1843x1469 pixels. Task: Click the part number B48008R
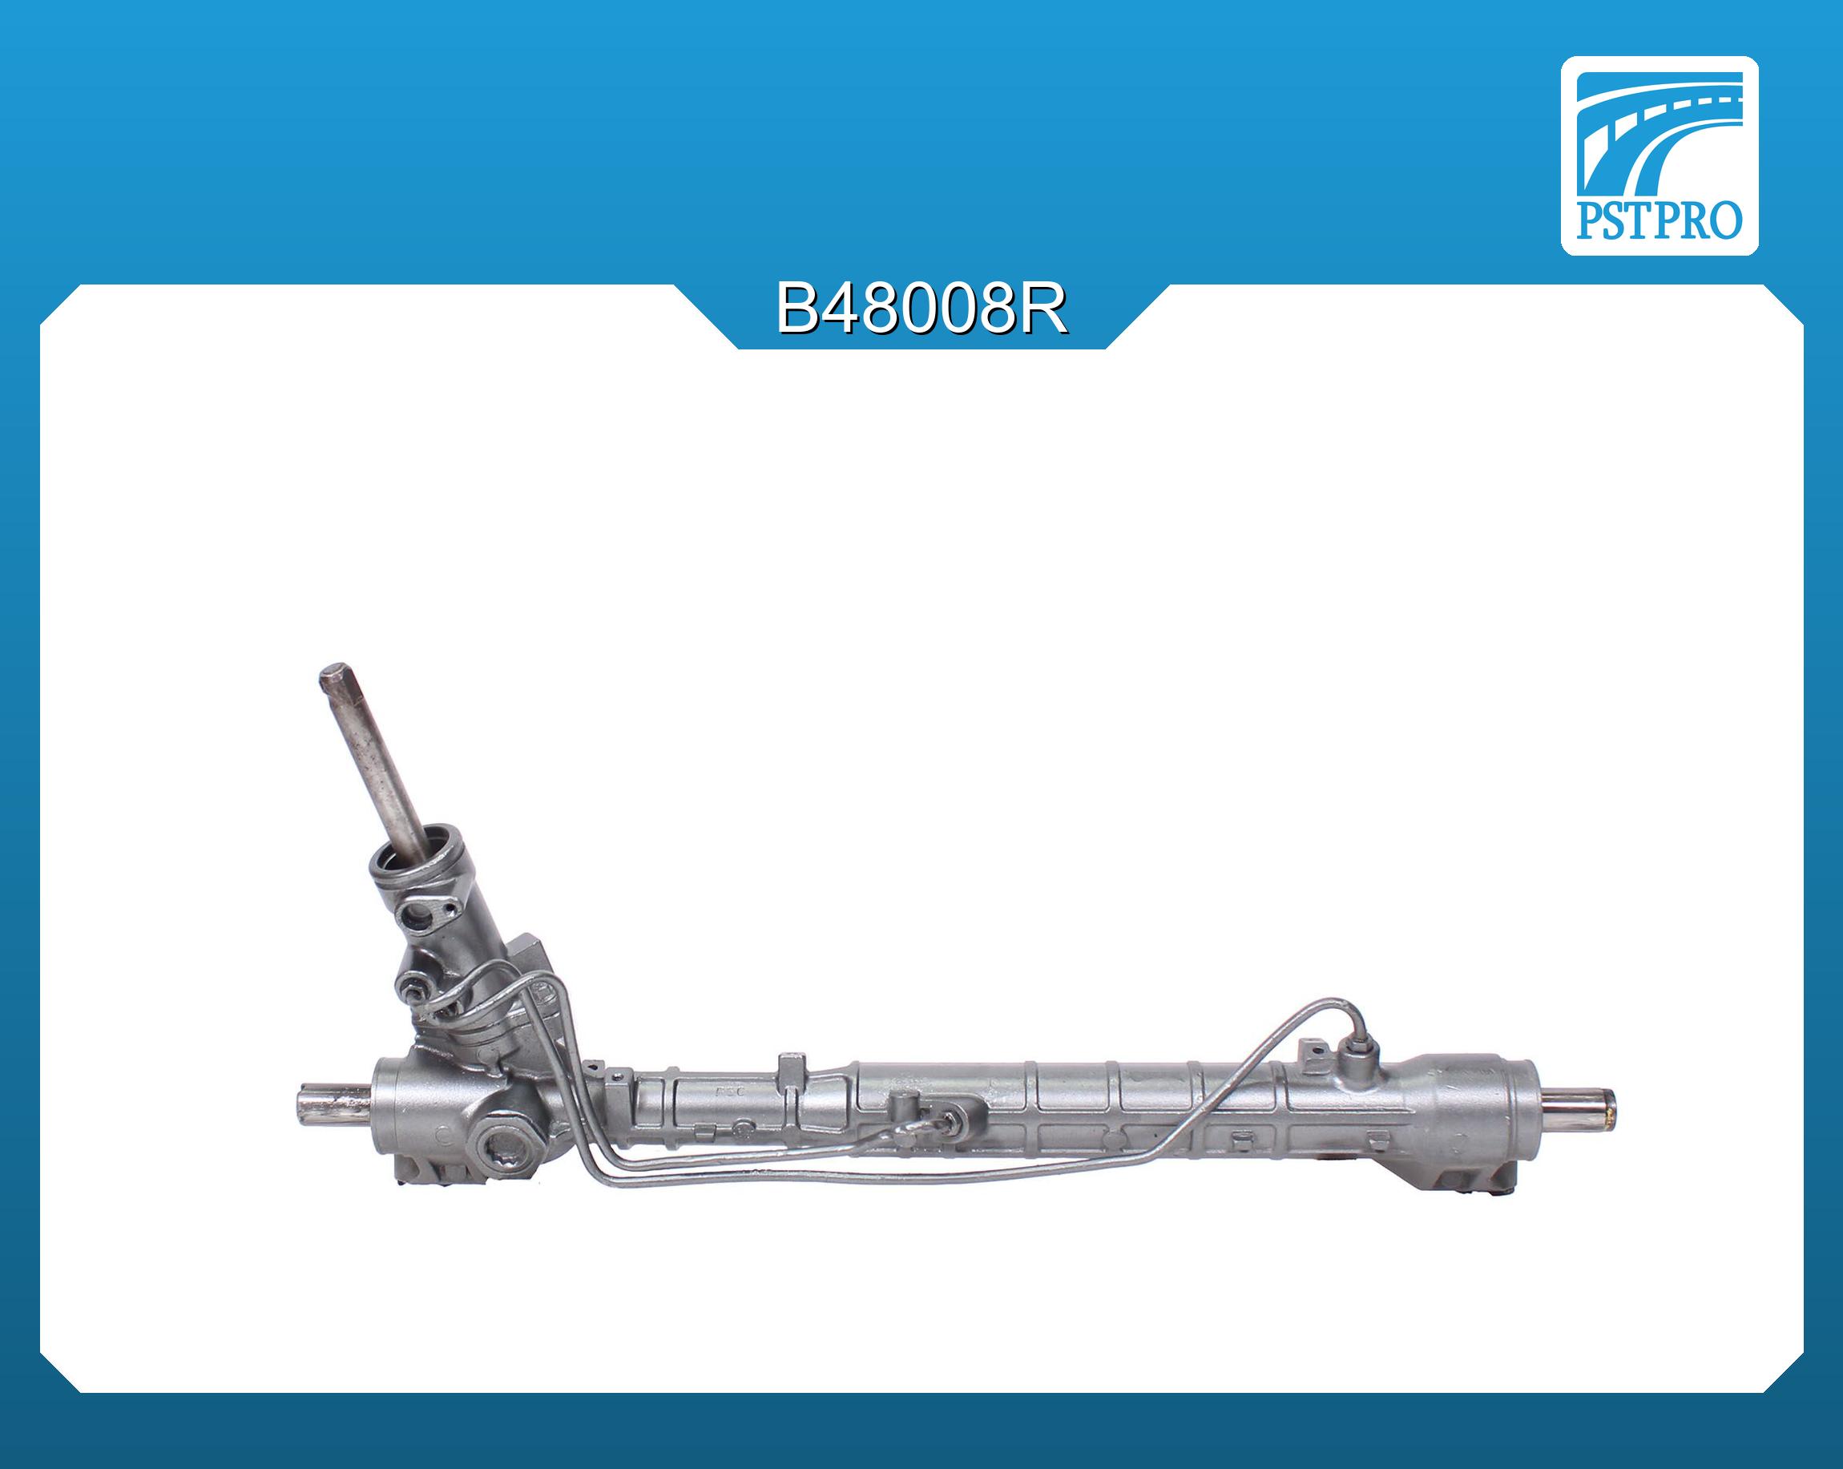921,310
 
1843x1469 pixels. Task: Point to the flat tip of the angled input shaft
333,677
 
